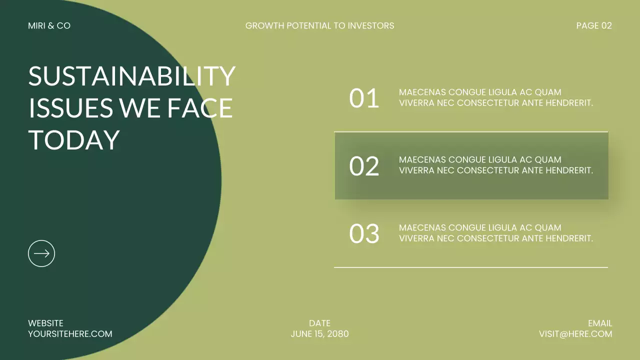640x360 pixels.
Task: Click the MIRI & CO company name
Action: [49, 25]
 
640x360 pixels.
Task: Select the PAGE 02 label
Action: [593, 25]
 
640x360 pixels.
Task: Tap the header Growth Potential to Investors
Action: [319, 25]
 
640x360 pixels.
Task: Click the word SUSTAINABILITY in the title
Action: [131, 76]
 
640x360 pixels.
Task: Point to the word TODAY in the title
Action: [74, 139]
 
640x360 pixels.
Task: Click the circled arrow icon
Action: [41, 253]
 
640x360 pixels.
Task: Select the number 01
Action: [364, 98]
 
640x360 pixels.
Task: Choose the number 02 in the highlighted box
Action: [364, 166]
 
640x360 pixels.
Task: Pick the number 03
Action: [364, 234]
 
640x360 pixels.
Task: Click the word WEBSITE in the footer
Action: [45, 323]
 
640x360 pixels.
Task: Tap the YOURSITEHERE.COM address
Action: [70, 334]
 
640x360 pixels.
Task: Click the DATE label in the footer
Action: [319, 323]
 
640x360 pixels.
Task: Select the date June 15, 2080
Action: [319, 334]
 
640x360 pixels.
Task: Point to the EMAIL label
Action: [600, 323]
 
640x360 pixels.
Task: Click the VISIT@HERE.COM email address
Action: [575, 334]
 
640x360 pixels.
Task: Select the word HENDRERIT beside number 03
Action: [569, 238]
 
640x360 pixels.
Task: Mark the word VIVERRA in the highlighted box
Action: [416, 170]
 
